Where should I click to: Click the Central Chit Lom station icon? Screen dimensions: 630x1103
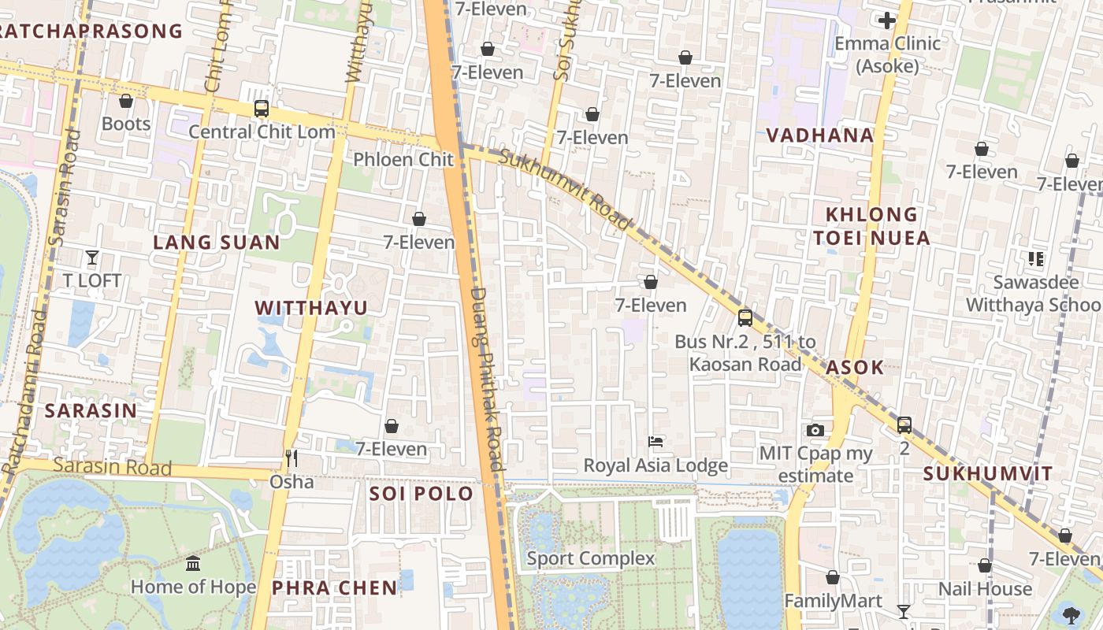261,109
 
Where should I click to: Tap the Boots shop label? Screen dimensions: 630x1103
126,124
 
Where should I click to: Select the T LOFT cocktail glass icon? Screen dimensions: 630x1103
92,257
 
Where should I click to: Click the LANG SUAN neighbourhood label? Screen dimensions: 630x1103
217,243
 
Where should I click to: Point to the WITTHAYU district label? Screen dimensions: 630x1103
311,308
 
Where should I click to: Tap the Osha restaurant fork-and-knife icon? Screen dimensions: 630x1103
292,458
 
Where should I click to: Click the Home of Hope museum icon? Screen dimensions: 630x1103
193,564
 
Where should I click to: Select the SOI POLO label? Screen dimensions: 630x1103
422,494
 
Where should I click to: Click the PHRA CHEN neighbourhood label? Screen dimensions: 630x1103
335,587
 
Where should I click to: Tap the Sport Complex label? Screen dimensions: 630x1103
590,559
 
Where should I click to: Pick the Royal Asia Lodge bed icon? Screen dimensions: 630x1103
655,442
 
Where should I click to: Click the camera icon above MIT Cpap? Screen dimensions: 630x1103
815,430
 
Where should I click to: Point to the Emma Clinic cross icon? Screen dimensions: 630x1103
887,20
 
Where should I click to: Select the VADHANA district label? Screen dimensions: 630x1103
820,135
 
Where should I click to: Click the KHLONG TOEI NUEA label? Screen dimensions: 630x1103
871,226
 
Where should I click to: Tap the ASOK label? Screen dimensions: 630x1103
855,367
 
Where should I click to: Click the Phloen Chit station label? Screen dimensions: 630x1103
403,160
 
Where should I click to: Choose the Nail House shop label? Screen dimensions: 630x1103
985,589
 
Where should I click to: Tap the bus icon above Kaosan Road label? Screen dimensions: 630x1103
745,318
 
